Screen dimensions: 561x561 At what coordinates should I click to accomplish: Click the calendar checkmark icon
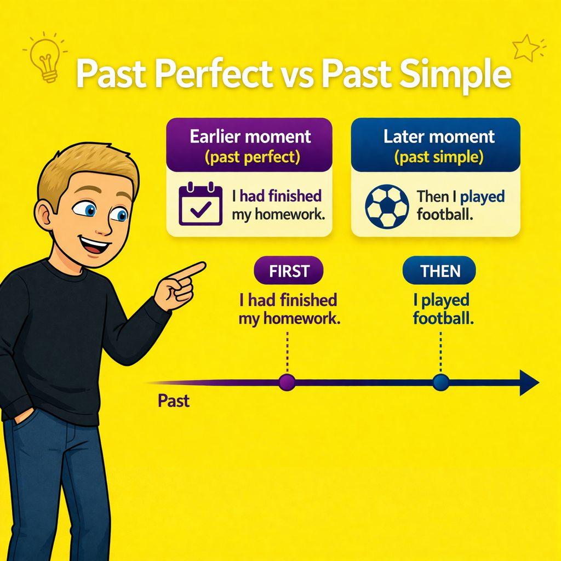tap(201, 205)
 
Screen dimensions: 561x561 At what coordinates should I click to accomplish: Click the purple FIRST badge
tap(289, 271)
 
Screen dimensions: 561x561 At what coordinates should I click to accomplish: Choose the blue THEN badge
tap(439, 271)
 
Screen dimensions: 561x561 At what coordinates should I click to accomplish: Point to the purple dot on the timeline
tap(287, 382)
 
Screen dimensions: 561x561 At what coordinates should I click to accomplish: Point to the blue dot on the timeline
tap(440, 382)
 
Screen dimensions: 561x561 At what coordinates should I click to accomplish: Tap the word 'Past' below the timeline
tap(173, 401)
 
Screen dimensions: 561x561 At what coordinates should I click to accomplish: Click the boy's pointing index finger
tap(192, 269)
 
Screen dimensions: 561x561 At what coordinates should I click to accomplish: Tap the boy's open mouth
tap(97, 245)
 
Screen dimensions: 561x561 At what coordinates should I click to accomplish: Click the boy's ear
tap(44, 215)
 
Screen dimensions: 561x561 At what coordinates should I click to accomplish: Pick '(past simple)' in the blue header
tap(438, 158)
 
